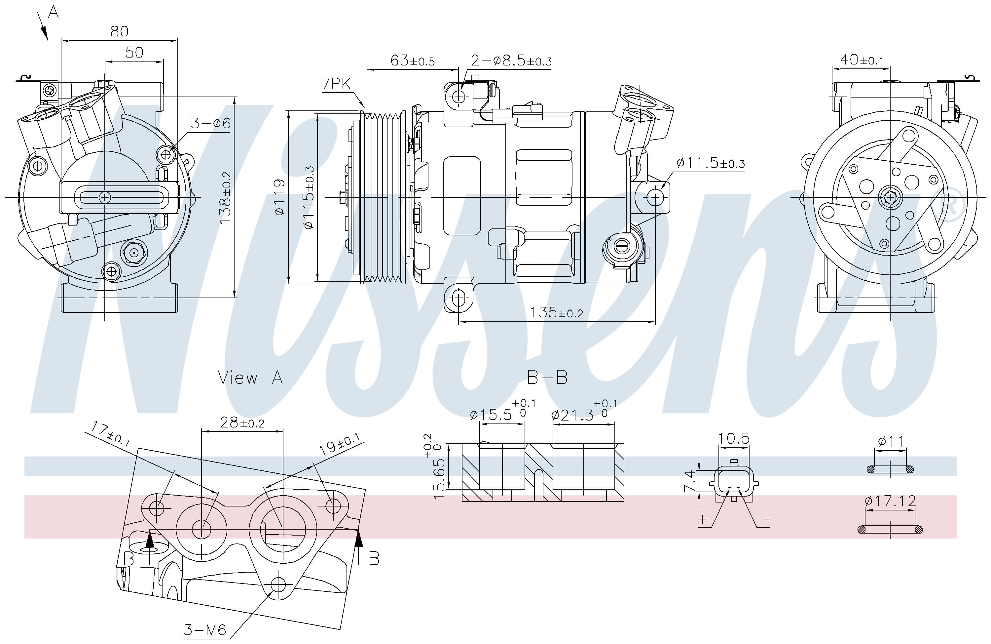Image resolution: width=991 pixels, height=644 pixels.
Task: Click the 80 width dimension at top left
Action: tap(119, 31)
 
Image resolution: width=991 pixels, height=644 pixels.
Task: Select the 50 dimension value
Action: tap(134, 53)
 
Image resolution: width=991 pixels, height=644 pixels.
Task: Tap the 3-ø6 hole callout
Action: tap(210, 123)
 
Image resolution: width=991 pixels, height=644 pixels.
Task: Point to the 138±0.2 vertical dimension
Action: tap(225, 197)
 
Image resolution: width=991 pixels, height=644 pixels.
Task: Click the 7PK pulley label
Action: tap(336, 84)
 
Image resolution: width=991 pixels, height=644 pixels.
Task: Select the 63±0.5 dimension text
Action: tap(412, 60)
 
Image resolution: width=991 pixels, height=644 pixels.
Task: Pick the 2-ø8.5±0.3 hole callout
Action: tap(511, 61)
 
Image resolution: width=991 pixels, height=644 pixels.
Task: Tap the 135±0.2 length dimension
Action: tap(557, 312)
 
